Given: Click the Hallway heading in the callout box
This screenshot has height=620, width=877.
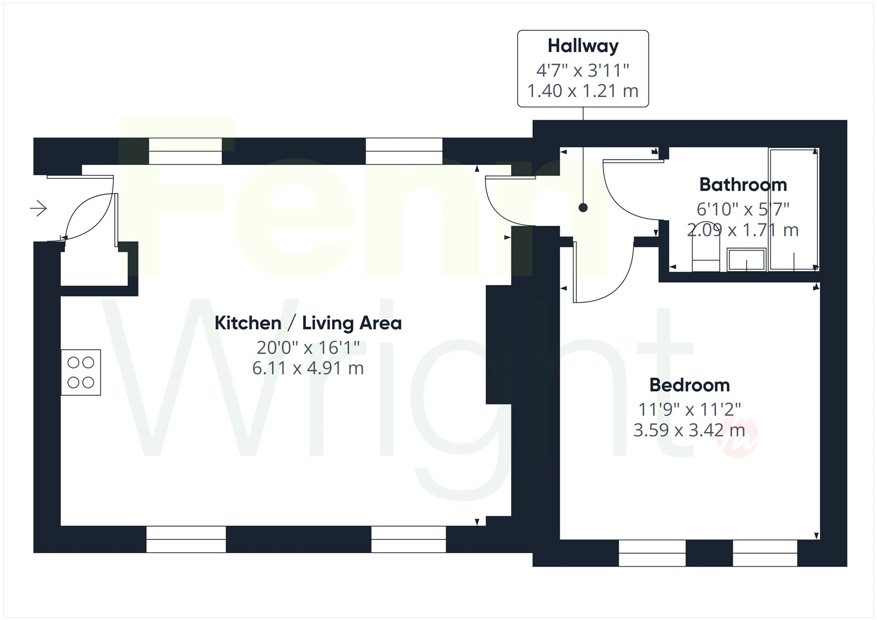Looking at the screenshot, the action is tap(583, 46).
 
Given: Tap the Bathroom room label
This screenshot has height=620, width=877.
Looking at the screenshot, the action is tap(743, 185).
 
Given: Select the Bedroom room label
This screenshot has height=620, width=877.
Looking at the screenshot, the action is tap(690, 385).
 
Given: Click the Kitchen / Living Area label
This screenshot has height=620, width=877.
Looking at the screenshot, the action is tap(308, 323).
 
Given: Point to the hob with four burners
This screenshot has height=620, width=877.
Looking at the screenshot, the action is tap(81, 372).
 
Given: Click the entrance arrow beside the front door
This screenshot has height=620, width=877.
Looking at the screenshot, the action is tap(38, 208).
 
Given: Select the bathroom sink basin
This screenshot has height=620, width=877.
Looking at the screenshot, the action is tap(746, 259).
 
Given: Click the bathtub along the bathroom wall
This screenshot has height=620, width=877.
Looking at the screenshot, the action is tap(794, 209).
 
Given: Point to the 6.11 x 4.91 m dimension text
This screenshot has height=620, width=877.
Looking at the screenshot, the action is tap(308, 368).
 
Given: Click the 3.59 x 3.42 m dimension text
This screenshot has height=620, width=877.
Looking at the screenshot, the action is tap(689, 430).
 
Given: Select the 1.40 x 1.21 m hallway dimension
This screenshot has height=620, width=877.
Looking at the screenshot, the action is tap(583, 91).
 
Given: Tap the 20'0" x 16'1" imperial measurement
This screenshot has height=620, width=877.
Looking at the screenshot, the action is tap(308, 348).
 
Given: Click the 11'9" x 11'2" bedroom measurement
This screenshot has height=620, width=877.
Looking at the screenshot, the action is tap(690, 409).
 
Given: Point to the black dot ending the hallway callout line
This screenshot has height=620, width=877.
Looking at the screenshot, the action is tap(583, 208).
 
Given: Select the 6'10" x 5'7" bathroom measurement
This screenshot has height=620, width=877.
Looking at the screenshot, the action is tap(743, 209).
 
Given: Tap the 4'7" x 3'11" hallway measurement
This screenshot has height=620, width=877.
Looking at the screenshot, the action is tap(583, 71).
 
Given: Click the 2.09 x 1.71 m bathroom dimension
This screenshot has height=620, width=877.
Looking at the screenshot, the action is tap(743, 230).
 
